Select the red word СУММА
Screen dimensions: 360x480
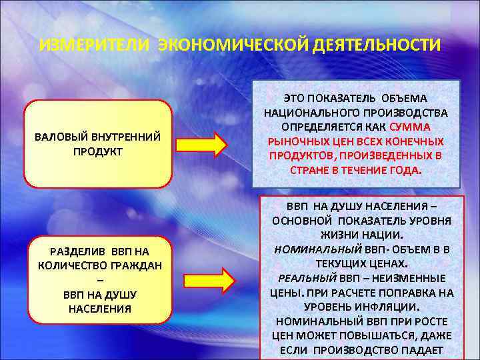click(409, 127)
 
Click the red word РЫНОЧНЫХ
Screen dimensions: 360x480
click(293, 141)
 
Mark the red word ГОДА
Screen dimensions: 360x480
click(407, 169)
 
